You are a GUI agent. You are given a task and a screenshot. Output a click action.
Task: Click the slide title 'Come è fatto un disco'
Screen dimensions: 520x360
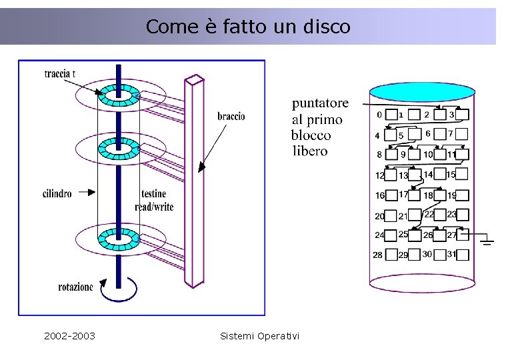click(247, 27)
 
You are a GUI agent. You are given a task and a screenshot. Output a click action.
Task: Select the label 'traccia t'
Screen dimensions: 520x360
click(60, 73)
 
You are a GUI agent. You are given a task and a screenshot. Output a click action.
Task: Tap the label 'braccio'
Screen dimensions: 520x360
click(231, 116)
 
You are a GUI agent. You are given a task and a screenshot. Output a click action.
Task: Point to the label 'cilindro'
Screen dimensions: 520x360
click(57, 194)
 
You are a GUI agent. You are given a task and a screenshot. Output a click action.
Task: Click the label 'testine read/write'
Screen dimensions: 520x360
click(153, 200)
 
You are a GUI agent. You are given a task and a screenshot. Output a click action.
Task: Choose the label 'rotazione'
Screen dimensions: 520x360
click(75, 287)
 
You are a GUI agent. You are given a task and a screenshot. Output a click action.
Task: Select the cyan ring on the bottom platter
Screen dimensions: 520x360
click(118, 238)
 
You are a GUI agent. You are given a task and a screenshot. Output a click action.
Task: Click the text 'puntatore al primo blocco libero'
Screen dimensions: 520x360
click(320, 127)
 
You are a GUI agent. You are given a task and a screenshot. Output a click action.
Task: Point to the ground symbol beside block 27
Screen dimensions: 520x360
click(487, 239)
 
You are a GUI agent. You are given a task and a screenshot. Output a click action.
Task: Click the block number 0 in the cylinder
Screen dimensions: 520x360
click(379, 115)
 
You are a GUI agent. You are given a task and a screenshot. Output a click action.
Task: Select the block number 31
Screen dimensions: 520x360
click(451, 254)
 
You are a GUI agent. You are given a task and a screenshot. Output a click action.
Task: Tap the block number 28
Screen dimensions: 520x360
click(378, 255)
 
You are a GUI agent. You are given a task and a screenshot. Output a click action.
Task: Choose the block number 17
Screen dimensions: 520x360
click(403, 195)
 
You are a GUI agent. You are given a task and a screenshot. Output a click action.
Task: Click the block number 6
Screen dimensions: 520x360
click(427, 133)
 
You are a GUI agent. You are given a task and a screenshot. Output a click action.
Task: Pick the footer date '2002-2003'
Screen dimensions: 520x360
click(69, 335)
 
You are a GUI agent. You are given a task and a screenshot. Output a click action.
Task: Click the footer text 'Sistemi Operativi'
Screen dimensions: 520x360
click(259, 335)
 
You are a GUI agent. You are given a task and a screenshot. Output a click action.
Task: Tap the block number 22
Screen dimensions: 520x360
click(429, 214)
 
